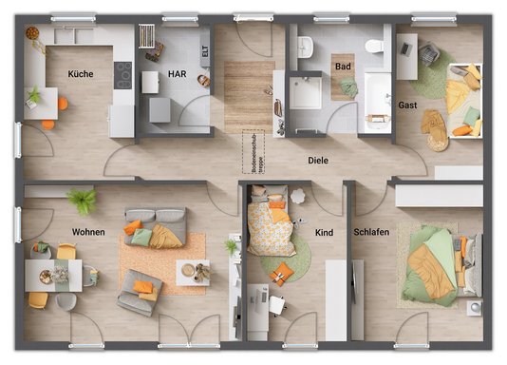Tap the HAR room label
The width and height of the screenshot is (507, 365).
[x=178, y=73]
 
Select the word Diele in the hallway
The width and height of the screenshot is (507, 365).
[x=318, y=161]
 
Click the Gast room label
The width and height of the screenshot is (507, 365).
[x=408, y=105]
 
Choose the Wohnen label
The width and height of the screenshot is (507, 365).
[x=88, y=232]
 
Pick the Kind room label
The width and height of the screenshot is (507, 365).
[x=324, y=232]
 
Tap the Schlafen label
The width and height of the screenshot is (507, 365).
[x=370, y=232]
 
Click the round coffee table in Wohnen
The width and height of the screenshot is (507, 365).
[x=195, y=272]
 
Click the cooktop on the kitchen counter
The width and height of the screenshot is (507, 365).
[x=123, y=73]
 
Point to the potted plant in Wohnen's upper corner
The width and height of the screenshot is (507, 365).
[x=82, y=200]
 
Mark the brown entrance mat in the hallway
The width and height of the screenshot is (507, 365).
[x=250, y=94]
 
